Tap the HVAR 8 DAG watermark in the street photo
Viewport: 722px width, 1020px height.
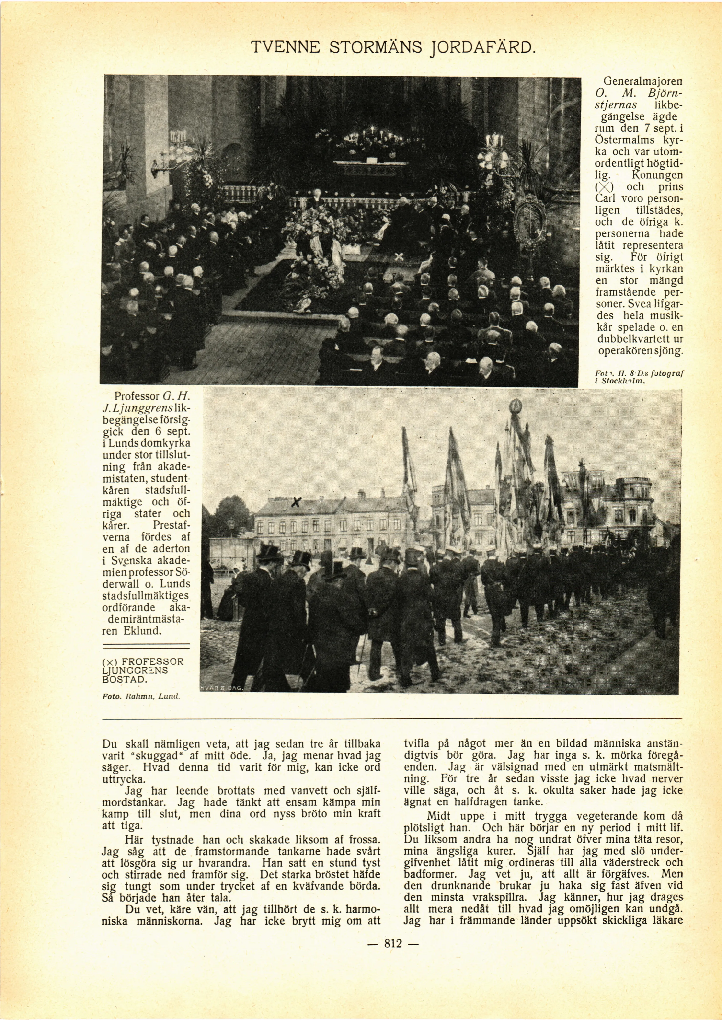pos(221,688)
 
